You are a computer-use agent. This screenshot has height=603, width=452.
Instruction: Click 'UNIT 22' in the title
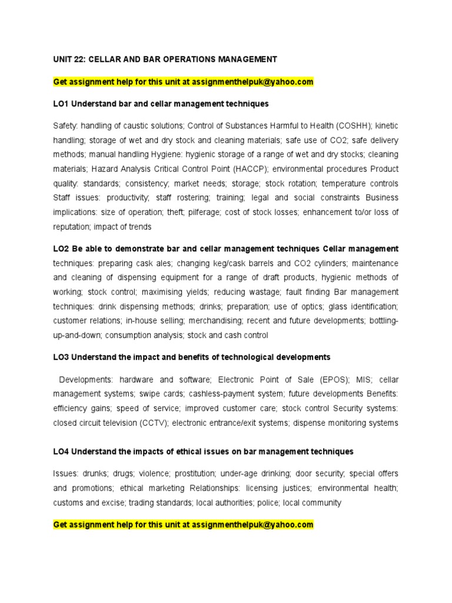(68, 59)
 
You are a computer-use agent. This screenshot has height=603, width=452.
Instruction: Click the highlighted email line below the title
(183, 82)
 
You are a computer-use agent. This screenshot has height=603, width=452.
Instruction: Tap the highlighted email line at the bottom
(183, 524)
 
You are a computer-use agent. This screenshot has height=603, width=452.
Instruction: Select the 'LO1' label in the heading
(61, 104)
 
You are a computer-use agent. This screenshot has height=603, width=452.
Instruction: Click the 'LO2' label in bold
(61, 249)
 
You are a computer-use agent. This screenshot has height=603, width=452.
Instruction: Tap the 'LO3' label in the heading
(61, 357)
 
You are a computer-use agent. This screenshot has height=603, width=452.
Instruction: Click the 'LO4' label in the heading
(61, 452)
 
